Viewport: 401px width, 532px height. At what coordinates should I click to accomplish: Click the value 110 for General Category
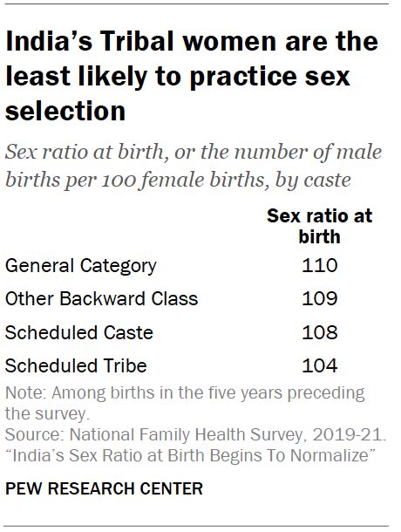pyautogui.click(x=320, y=265)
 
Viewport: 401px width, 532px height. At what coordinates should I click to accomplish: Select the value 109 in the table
pyautogui.click(x=320, y=298)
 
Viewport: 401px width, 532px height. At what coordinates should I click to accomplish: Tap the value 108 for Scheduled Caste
pyautogui.click(x=320, y=332)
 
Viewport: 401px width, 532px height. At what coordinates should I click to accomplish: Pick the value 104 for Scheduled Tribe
pyautogui.click(x=320, y=365)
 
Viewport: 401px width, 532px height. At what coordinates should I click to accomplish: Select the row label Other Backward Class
pyautogui.click(x=102, y=298)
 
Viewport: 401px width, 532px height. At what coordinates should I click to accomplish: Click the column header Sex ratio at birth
pyautogui.click(x=320, y=225)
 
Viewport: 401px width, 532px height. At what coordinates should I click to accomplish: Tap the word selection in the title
pyautogui.click(x=66, y=112)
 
